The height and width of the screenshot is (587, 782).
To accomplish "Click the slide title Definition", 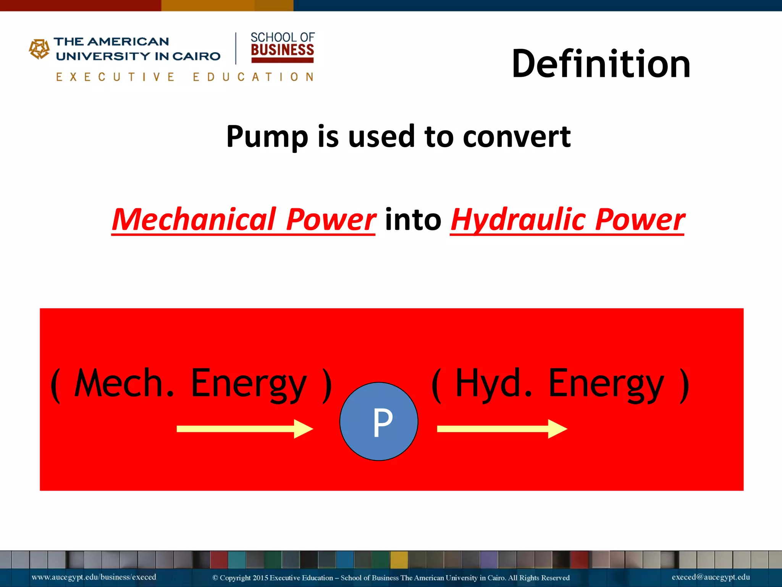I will [601, 64].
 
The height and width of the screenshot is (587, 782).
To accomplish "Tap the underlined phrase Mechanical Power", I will [244, 220].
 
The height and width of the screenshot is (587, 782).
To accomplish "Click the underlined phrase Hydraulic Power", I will [567, 220].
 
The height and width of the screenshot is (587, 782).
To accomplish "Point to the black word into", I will [413, 220].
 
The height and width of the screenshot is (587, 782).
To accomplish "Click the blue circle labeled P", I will [379, 422].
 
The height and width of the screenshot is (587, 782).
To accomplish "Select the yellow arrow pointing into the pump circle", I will [244, 429].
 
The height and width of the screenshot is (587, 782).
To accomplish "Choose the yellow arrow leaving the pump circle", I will [501, 429].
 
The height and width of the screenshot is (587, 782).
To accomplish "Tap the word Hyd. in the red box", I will [493, 383].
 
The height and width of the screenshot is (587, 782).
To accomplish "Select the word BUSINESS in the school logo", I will [282, 50].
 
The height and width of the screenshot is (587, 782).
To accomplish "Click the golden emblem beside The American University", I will [39, 49].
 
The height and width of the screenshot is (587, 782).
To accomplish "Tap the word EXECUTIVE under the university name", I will [115, 77].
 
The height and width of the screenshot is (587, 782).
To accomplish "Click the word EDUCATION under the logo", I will [253, 77].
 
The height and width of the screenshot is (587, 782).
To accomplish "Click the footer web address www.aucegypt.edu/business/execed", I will [94, 577].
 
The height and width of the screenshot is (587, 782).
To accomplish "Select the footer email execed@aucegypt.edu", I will [711, 577].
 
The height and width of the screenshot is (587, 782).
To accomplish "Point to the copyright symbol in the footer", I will [215, 578].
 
